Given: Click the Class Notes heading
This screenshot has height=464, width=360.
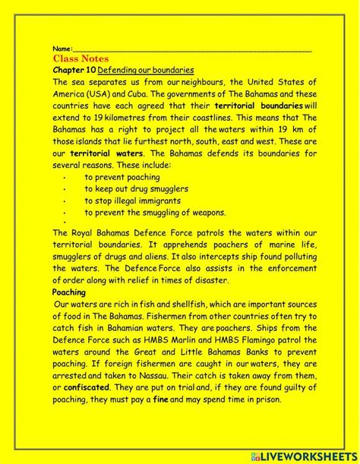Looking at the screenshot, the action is (x=81, y=58).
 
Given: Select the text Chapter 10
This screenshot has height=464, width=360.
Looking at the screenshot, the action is (x=74, y=69).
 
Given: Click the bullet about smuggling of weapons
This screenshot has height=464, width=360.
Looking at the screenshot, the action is (x=155, y=213).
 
